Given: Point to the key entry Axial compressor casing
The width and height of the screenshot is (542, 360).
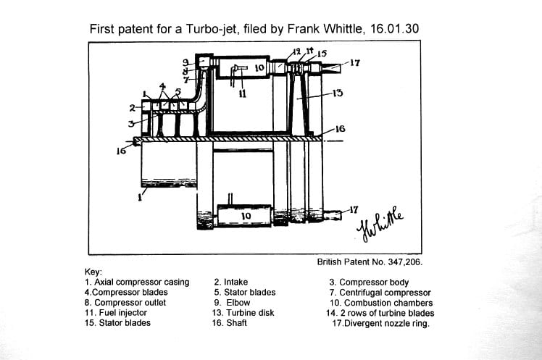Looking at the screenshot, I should coord(137,282).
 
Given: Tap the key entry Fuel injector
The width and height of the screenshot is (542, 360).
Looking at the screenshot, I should coord(120,313).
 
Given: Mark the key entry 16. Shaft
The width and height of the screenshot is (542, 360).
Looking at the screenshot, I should coord(230,323).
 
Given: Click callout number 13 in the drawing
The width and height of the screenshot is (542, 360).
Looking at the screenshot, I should coord(337,93).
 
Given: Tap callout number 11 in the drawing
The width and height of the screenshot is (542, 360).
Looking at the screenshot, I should coord(242,92).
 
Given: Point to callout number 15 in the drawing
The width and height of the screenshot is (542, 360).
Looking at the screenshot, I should coord(322,53).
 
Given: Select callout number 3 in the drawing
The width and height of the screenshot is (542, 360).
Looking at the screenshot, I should coord(131,123).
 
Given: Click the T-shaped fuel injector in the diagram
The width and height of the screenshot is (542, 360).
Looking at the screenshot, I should coord(238,71).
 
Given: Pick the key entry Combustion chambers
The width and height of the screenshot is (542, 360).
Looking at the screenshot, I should coord(383,303).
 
